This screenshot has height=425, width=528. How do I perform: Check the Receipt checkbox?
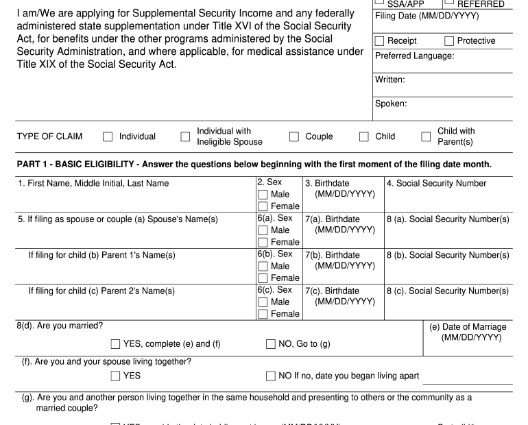[x=381, y=41]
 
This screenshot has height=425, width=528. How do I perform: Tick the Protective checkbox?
[x=450, y=41]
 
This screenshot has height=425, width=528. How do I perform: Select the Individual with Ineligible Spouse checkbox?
[x=185, y=136]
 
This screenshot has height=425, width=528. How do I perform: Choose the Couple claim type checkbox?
[x=294, y=136]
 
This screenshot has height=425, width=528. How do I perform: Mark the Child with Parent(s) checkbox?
[x=426, y=136]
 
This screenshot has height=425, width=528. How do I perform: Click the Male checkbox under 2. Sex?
[x=263, y=195]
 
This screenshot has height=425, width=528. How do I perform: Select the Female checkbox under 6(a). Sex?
[x=263, y=242]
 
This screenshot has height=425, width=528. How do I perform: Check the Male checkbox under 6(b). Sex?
[x=263, y=266]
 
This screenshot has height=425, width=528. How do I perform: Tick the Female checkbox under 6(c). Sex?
[x=263, y=314]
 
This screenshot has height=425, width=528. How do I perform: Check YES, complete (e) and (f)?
[x=116, y=343]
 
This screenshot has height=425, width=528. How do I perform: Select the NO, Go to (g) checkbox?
[x=271, y=343]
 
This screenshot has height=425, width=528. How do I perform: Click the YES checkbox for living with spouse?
[x=116, y=376]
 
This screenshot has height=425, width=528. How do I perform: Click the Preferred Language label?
[x=414, y=56]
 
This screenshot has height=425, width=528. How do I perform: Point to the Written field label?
[x=390, y=80]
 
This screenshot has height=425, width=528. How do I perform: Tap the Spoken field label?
[x=391, y=104]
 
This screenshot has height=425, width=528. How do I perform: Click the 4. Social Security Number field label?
[x=436, y=183]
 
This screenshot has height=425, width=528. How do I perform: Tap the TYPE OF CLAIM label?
[x=49, y=136]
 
